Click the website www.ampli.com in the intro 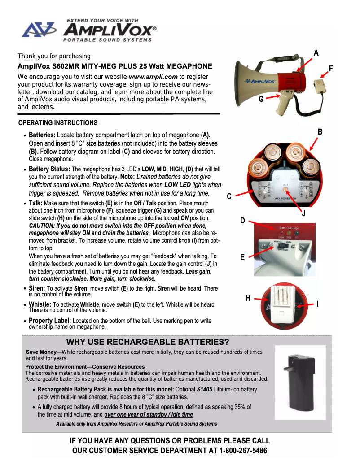pos(153,77)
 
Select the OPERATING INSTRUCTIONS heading pos(57,123)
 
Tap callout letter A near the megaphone pos(316,53)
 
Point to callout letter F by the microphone pos(331,68)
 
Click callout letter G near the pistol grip pos(261,100)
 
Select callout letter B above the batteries pos(320,132)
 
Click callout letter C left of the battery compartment pos(229,196)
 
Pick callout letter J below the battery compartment pos(304,213)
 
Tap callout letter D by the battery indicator pos(242,221)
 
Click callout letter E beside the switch pos(242,257)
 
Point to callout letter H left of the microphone pos(248,298)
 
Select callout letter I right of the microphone pos(317,304)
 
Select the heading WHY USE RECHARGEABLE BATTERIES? pos(148,343)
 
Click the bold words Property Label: pos(50,321)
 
